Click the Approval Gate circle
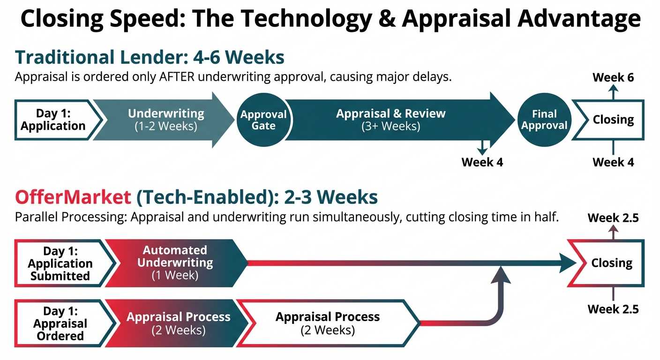[263, 120]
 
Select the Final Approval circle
[544, 120]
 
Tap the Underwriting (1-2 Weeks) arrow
[166, 120]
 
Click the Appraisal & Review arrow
[390, 120]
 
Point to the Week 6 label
[613, 77]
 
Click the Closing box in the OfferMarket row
[611, 263]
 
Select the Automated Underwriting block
[175, 263]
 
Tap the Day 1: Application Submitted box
[61, 263]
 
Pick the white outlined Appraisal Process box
[327, 323]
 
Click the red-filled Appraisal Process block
[178, 323]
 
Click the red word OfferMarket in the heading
[73, 197]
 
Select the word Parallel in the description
[34, 217]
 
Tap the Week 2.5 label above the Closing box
[613, 218]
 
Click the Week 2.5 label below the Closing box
[613, 309]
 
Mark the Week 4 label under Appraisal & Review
[482, 162]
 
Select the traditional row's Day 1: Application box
[53, 120]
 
